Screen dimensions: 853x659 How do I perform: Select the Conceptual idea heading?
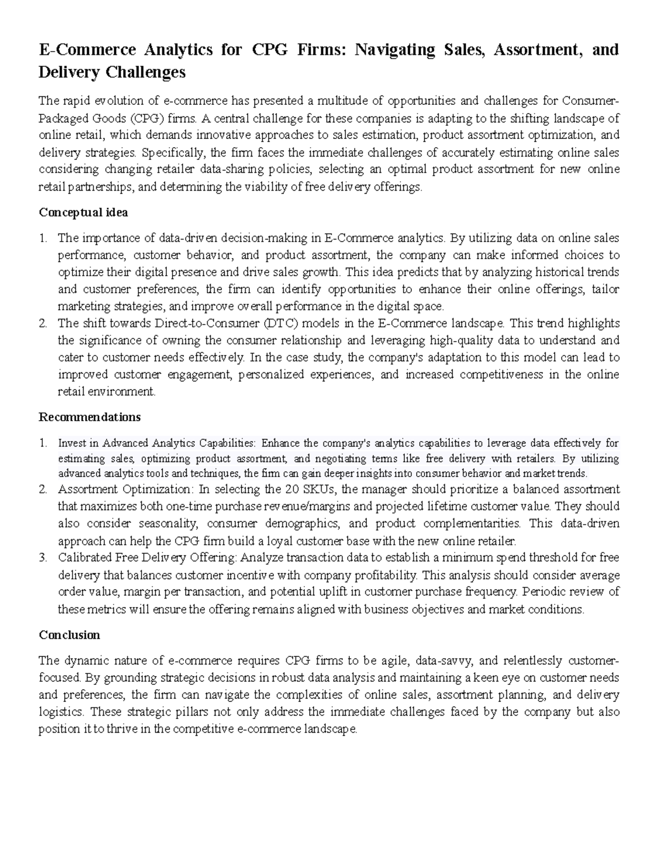(x=83, y=212)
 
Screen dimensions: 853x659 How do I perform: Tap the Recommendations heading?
(x=90, y=417)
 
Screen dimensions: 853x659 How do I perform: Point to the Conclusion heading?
(x=69, y=635)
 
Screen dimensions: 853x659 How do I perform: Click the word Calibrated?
(x=85, y=557)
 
